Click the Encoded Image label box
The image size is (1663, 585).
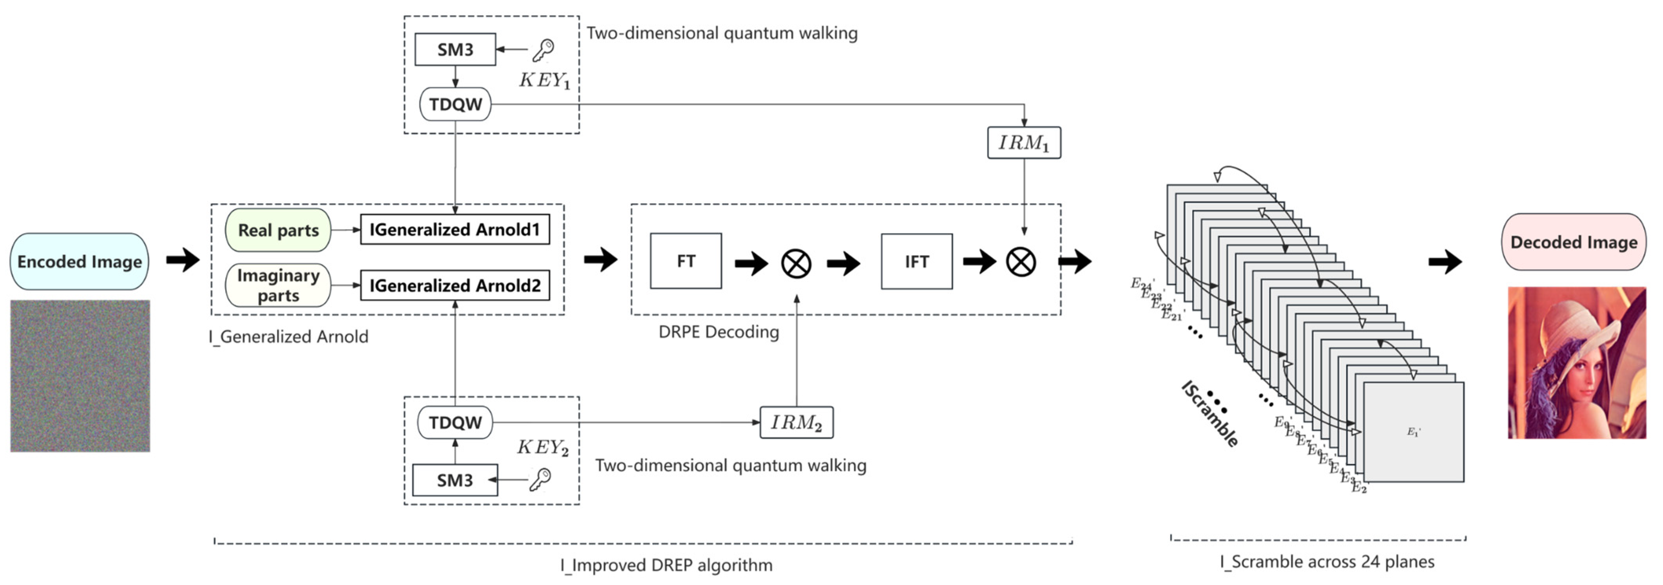[79, 261]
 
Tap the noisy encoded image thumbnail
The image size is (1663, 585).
[80, 376]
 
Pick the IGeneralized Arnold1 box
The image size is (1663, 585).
[454, 230]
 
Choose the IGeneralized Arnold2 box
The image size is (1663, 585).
[454, 285]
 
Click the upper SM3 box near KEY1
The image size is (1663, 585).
[455, 50]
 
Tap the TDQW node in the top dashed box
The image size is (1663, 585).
[455, 104]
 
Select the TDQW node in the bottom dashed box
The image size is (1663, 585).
[455, 423]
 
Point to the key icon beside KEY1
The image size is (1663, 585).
[543, 50]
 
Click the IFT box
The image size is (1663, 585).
[917, 261]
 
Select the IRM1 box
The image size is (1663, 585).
[1024, 143]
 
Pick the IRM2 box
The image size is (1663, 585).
[796, 423]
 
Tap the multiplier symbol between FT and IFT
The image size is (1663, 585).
[796, 263]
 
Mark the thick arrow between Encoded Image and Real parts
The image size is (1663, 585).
[183, 260]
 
